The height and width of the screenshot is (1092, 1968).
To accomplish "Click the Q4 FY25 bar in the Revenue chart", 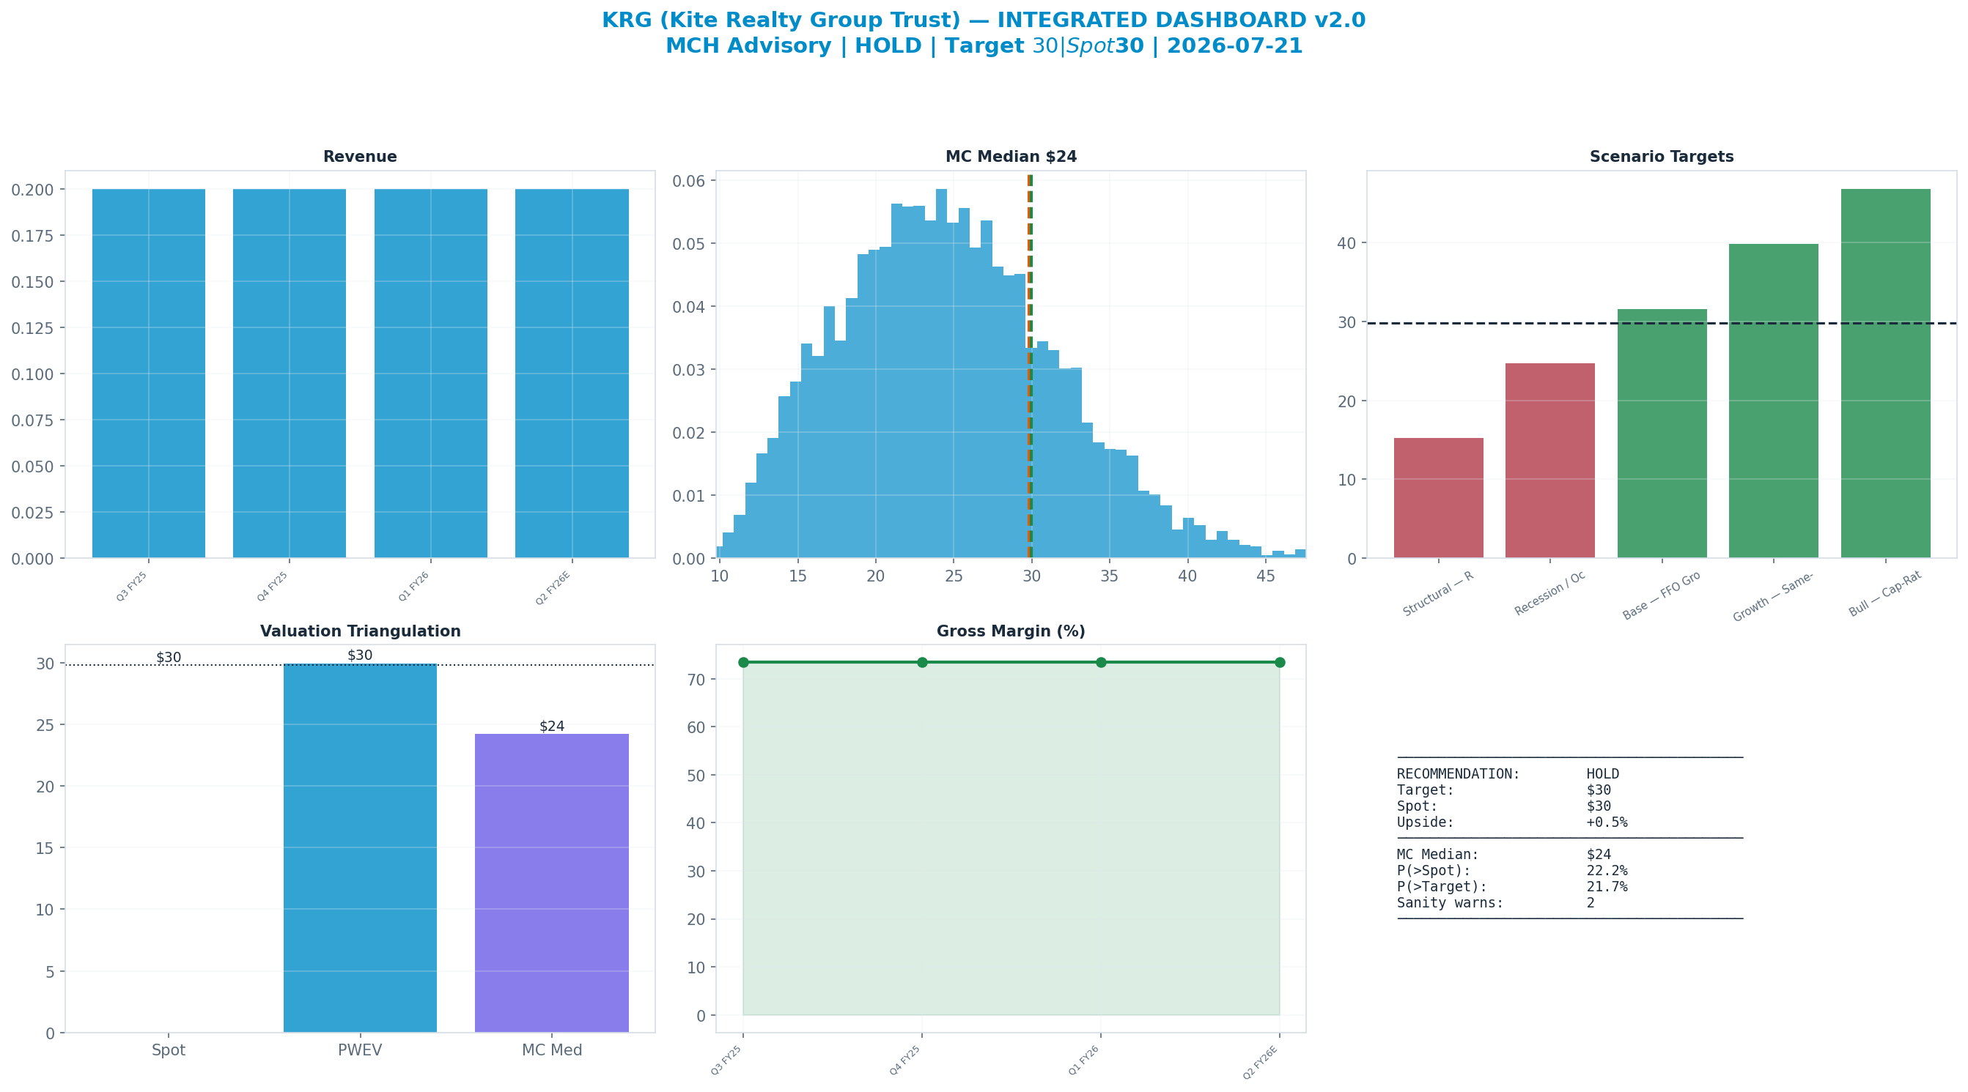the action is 289,374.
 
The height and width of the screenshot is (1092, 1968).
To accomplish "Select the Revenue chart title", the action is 360,157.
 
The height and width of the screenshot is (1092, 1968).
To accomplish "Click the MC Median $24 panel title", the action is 1011,157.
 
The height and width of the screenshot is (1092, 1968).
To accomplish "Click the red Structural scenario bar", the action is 1439,498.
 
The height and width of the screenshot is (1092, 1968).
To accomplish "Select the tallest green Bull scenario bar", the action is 1885,374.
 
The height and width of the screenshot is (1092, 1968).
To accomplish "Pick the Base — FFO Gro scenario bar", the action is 1662,434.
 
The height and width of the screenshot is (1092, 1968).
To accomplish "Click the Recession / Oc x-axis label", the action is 1550,594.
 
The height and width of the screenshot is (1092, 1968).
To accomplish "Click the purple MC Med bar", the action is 552,883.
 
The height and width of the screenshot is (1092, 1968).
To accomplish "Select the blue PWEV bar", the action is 360,847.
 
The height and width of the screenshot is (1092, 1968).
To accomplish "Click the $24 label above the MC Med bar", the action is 552,727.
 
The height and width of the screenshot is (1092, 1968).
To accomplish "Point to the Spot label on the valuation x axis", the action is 168,1051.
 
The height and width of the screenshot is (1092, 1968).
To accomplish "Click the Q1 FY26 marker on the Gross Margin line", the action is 1101,662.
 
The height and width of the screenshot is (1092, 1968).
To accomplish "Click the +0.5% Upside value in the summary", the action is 1607,822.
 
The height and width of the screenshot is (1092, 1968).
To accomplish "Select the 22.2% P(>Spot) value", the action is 1607,871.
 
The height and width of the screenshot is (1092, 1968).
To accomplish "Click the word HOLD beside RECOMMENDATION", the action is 1603,774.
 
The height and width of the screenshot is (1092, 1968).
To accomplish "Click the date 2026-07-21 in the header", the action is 1234,46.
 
